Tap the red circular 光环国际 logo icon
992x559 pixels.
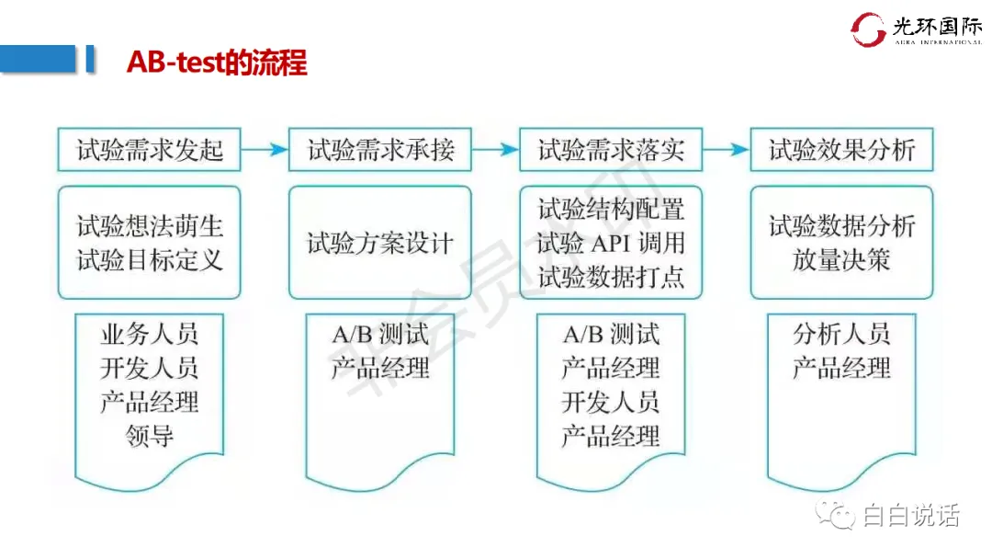(868, 29)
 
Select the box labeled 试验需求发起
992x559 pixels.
(149, 149)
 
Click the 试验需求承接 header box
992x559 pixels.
(380, 149)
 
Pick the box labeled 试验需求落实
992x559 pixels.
(611, 149)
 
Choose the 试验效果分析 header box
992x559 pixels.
(841, 149)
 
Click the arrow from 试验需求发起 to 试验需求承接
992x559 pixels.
(265, 149)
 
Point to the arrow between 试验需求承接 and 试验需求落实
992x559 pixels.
(496, 149)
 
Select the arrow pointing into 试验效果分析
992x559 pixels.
(727, 149)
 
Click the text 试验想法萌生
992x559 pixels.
(149, 226)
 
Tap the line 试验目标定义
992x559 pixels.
(149, 260)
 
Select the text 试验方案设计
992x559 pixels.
(380, 244)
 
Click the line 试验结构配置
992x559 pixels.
(611, 209)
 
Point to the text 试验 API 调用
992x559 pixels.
(611, 244)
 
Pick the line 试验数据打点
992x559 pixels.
(611, 278)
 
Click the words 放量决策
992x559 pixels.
(841, 260)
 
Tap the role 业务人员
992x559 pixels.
(149, 335)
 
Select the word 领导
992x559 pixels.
(149, 435)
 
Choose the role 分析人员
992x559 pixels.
(841, 335)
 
